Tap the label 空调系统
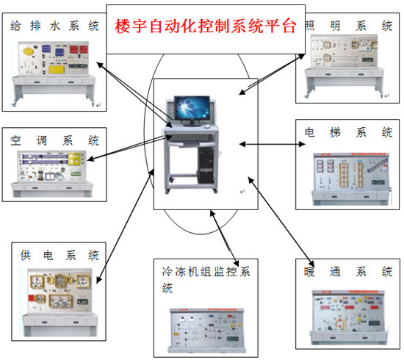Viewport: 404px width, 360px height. (x=54, y=140)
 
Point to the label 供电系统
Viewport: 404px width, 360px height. (x=59, y=256)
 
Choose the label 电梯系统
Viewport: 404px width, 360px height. (x=348, y=133)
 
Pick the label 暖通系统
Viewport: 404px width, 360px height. (x=348, y=272)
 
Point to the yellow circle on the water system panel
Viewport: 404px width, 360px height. (x=29, y=53)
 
